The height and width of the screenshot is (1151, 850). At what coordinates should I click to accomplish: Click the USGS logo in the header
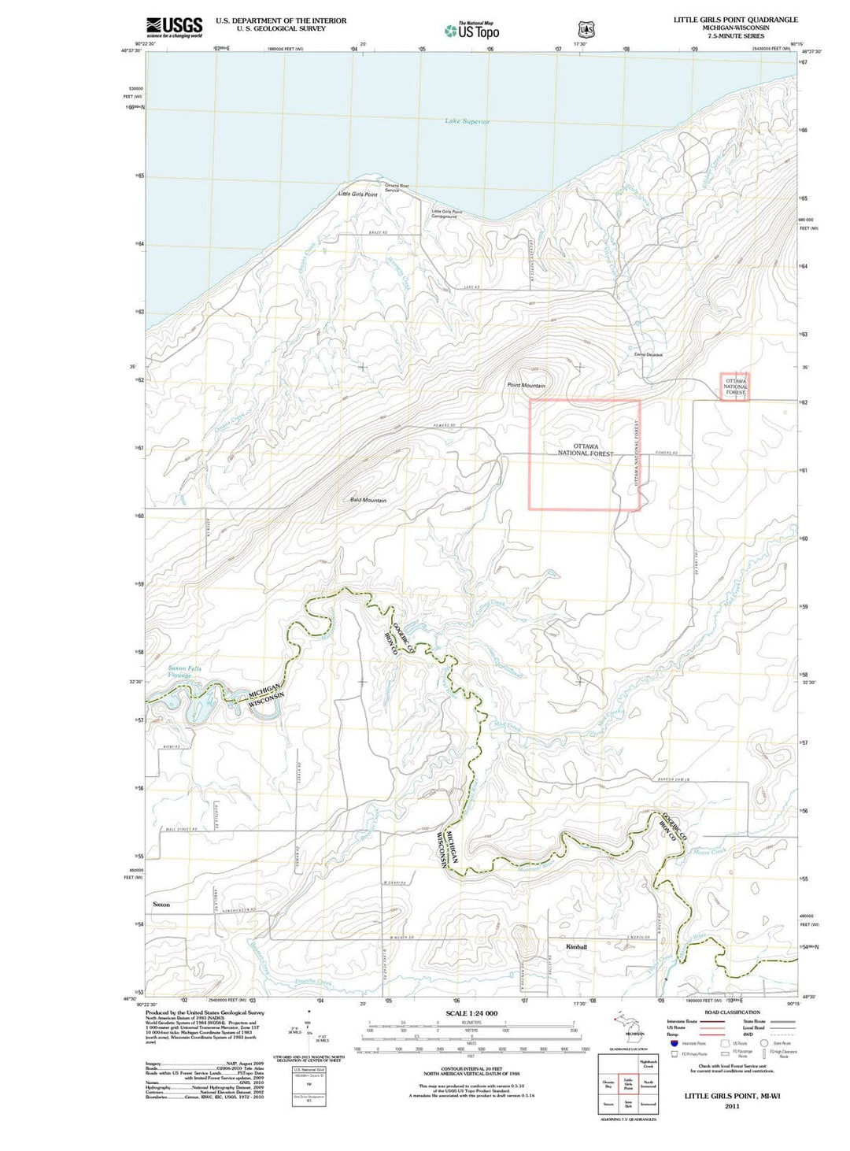174,27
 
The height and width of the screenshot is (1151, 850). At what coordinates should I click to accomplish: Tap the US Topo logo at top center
471,31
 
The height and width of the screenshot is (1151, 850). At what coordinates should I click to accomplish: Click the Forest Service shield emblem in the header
586,29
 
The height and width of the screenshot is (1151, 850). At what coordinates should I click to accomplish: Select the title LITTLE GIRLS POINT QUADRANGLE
735,19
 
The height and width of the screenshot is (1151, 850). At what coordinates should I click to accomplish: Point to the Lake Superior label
467,121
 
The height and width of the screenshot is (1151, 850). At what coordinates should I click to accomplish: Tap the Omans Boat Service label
396,187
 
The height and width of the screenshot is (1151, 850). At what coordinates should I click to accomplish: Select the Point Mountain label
526,385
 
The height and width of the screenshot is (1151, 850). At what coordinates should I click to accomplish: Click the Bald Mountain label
368,500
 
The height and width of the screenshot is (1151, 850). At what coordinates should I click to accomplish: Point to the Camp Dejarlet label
649,354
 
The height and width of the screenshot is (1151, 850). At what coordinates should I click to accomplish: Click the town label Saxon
161,905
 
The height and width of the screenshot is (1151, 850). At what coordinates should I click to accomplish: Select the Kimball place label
576,946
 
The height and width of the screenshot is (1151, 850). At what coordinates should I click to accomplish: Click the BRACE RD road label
379,233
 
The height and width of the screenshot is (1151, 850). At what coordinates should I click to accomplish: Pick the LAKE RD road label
471,287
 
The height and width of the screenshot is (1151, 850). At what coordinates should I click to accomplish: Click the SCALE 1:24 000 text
471,1013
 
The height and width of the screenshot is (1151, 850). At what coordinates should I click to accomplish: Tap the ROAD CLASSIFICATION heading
732,1012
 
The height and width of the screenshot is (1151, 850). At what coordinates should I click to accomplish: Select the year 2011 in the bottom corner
732,1106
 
